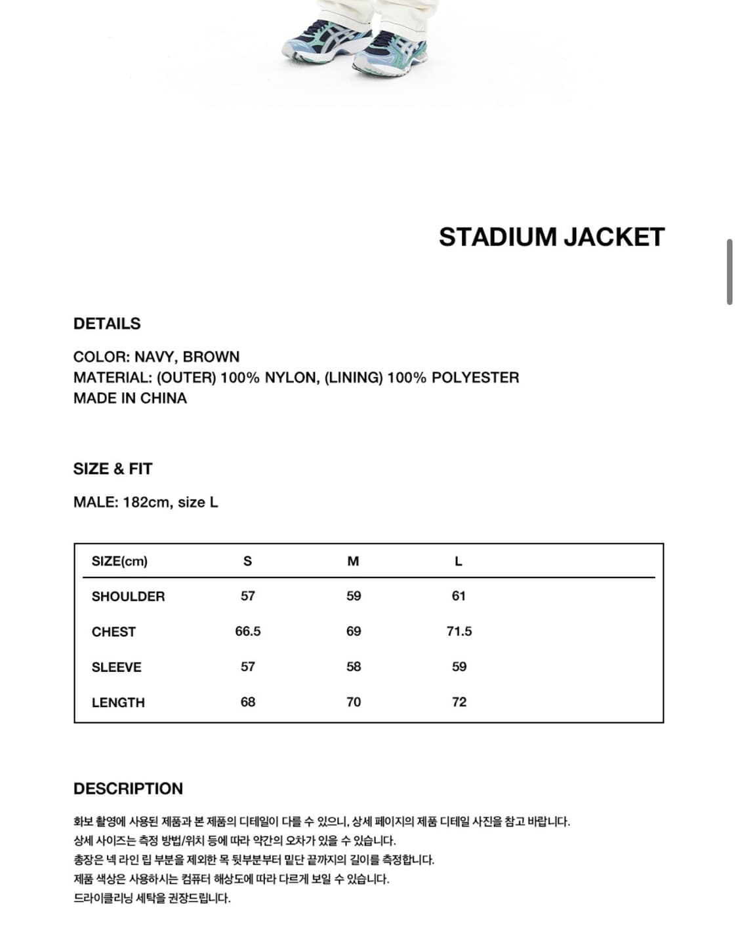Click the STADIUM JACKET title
coord(552,237)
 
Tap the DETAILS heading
coord(107,324)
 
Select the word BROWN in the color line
coord(211,357)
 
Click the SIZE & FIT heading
coord(113,469)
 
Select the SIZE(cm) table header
coord(119,562)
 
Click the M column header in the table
coord(353,562)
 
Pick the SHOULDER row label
coord(128,596)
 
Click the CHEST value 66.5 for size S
coord(248,632)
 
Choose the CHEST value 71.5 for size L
coord(459,632)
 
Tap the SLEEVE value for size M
coord(354,667)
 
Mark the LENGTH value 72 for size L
coord(459,703)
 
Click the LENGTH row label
coord(118,703)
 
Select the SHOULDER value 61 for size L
coord(459,596)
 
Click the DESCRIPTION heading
coord(128,789)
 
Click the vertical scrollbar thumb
coord(729,272)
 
